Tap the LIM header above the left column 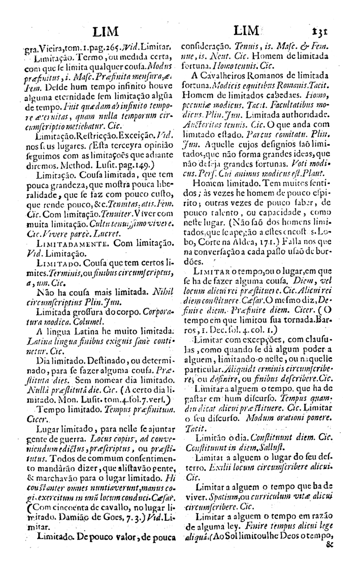pos(112,31)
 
